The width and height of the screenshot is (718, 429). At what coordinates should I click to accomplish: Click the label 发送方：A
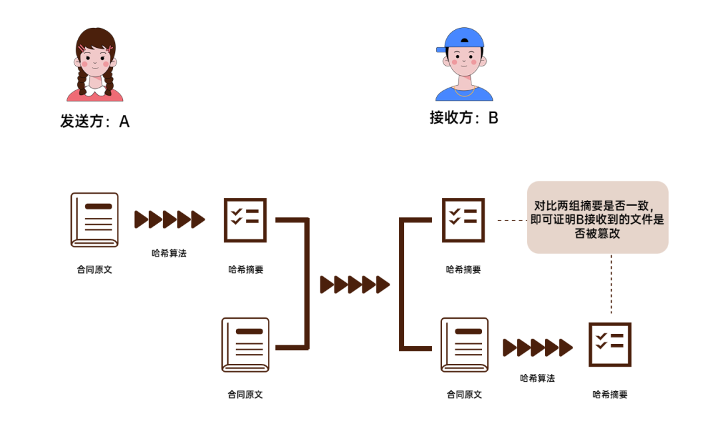tap(94, 122)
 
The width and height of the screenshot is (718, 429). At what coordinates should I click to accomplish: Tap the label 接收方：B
tap(463, 118)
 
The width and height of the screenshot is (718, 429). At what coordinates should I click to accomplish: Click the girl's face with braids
tap(96, 60)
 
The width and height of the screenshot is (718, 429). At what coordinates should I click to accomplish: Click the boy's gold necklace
tap(463, 88)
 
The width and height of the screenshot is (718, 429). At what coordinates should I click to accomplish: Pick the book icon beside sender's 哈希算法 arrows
tap(94, 220)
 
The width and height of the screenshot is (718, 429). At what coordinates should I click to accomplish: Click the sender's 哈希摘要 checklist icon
tap(245, 220)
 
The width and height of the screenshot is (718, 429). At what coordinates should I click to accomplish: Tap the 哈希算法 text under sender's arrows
tap(169, 253)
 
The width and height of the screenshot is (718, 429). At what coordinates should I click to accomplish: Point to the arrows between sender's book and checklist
tap(170, 219)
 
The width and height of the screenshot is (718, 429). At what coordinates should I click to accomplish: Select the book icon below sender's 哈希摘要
tap(245, 345)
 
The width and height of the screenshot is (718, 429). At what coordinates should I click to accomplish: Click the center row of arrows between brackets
tap(354, 285)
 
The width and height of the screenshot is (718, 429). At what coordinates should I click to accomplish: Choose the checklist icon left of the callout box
tap(463, 220)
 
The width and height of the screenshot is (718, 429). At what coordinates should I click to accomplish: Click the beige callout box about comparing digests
tap(597, 217)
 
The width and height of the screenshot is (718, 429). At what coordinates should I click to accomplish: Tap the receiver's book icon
tap(463, 345)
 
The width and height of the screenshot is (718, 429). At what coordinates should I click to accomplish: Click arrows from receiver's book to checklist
tap(537, 347)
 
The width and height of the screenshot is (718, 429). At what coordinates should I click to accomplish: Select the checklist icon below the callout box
tap(610, 345)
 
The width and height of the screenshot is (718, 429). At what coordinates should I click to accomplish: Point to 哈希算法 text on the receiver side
tap(537, 378)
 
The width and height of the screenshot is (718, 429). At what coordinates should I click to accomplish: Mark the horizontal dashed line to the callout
tap(511, 220)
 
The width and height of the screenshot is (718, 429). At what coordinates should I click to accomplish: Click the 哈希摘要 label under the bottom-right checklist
tap(610, 394)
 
